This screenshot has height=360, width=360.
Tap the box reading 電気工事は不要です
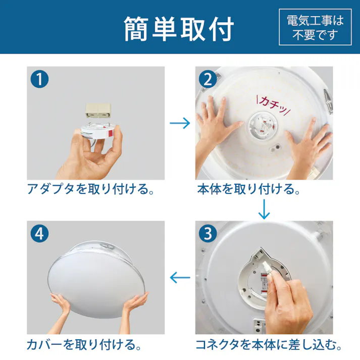point(315,28)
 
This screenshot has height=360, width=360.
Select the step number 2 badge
point(207,80)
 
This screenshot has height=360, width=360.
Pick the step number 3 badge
point(207,233)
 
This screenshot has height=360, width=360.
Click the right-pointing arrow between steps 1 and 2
point(179,123)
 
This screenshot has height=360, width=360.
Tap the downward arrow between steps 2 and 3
point(264,209)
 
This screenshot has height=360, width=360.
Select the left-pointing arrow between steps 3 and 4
point(179,277)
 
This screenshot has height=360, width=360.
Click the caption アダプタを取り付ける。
point(90,190)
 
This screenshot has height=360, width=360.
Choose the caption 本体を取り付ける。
point(248,190)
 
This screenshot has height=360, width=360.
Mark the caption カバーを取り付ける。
point(83,345)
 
